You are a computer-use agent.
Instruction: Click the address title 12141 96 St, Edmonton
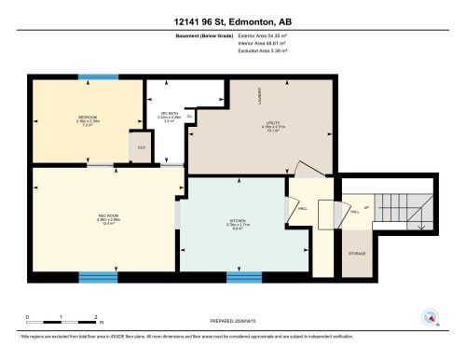(233, 21)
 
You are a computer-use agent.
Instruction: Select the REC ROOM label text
(107, 216)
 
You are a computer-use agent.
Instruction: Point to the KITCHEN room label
(241, 222)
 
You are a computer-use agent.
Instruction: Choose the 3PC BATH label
(170, 115)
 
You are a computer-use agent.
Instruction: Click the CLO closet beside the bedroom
(142, 147)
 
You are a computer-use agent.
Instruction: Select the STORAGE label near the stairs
(357, 253)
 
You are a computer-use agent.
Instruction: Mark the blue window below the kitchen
(244, 276)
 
